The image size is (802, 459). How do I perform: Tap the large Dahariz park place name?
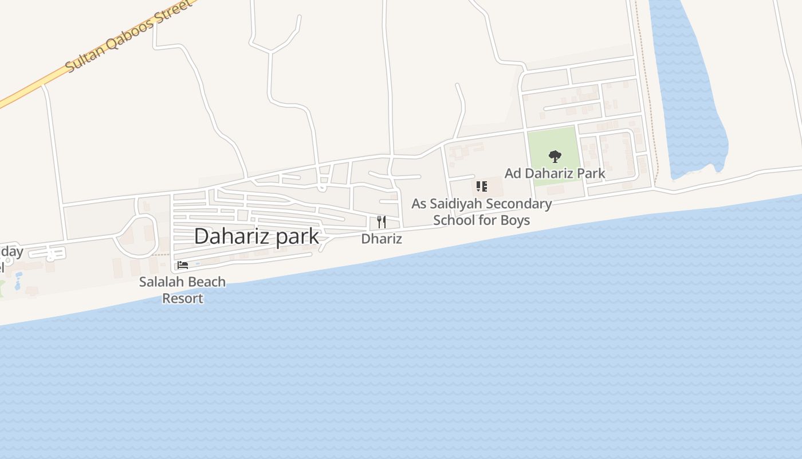pyautogui.click(x=256, y=236)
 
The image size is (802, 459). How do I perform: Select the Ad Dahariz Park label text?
pyautogui.click(x=555, y=173)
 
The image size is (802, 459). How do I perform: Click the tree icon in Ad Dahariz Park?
pyautogui.click(x=555, y=156)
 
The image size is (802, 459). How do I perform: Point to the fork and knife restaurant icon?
pyautogui.click(x=382, y=222)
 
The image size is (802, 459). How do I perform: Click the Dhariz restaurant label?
pyautogui.click(x=382, y=239)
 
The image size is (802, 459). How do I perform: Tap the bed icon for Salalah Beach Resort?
pyautogui.click(x=183, y=265)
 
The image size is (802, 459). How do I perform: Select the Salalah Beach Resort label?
pyautogui.click(x=183, y=290)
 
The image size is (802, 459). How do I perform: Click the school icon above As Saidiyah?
pyautogui.click(x=482, y=186)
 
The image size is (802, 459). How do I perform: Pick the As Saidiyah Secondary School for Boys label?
pyautogui.click(x=482, y=212)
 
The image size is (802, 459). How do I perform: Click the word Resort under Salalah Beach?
pyautogui.click(x=183, y=298)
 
